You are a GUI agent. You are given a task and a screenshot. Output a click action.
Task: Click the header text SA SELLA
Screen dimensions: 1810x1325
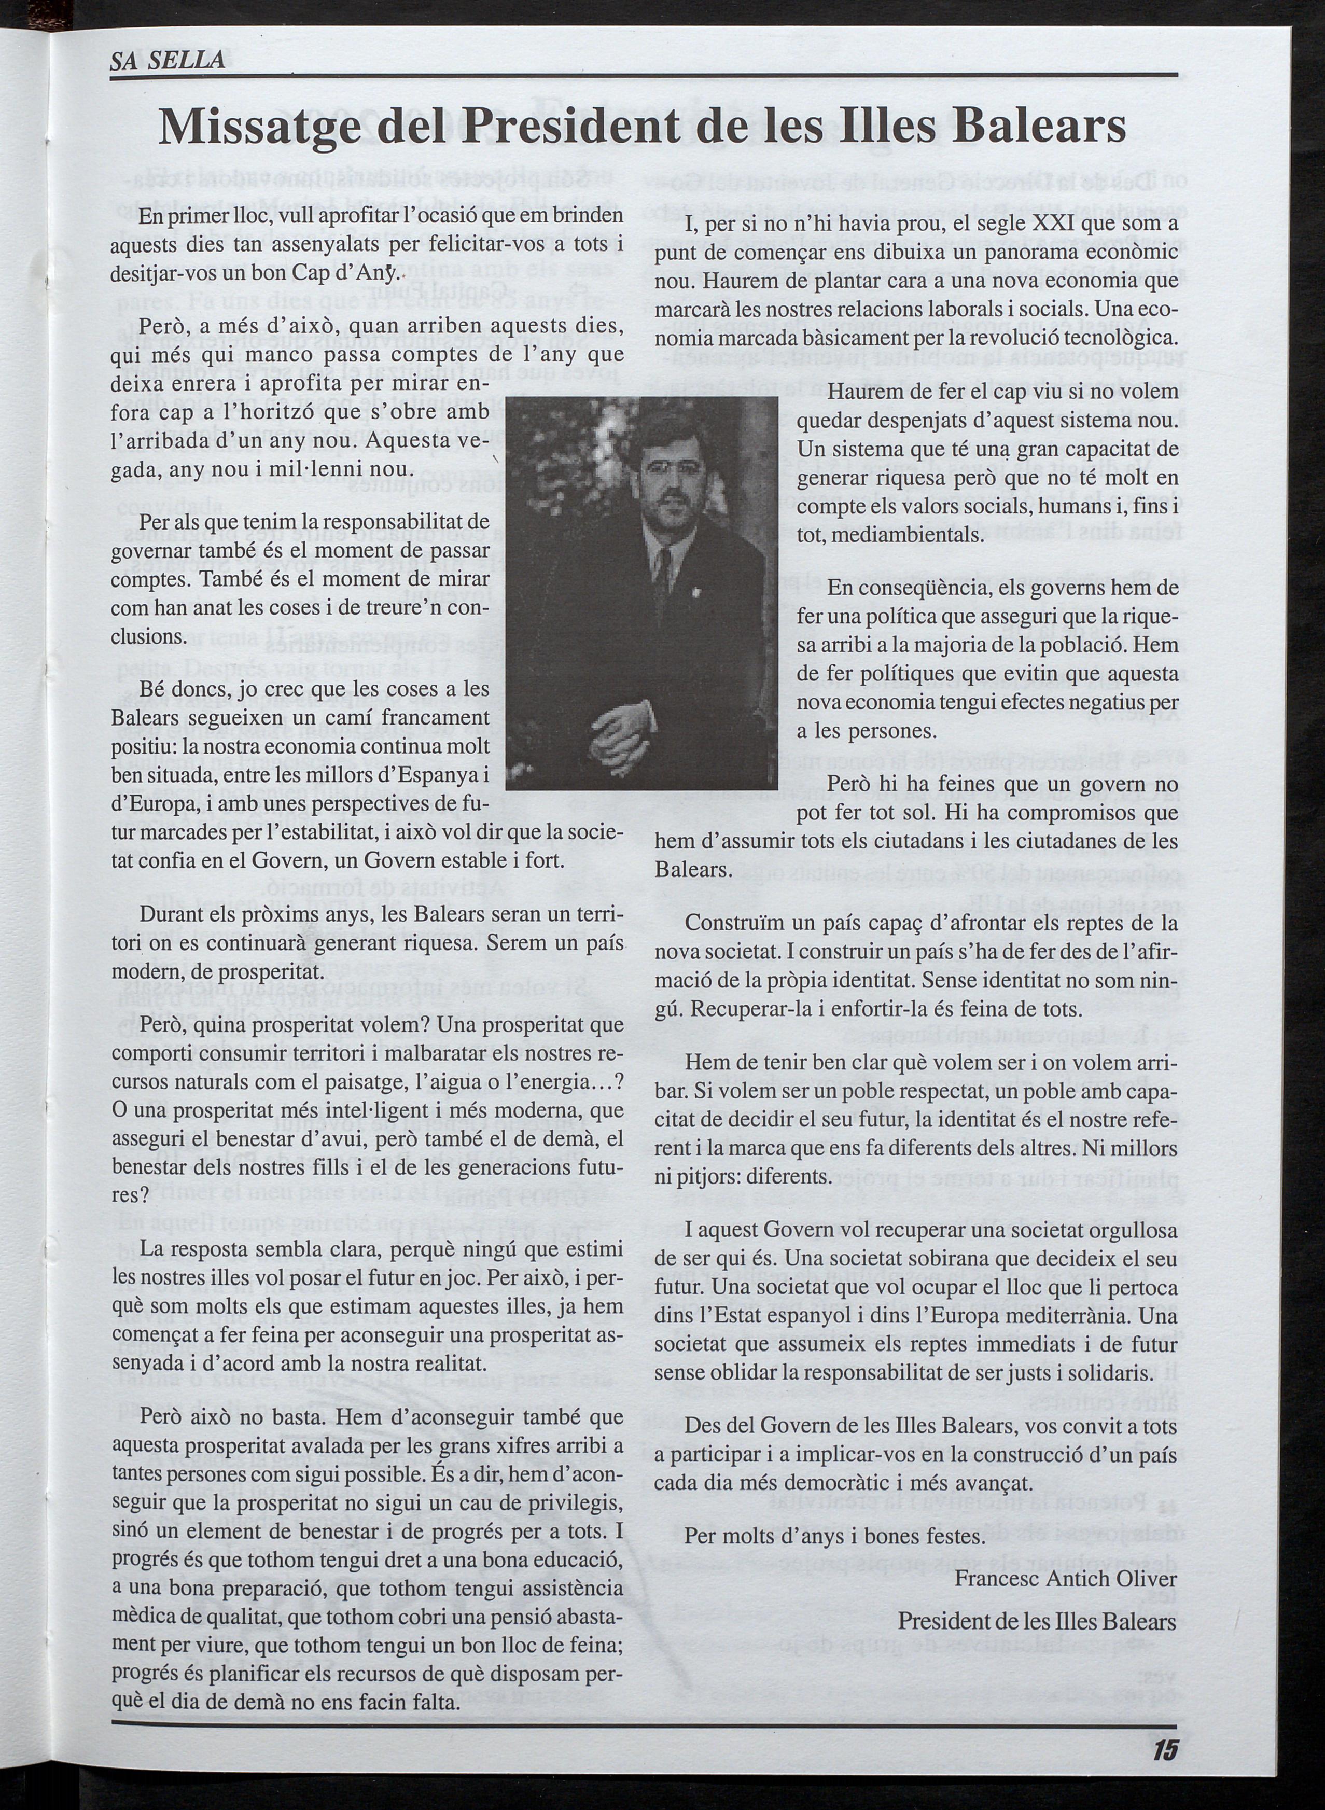pos(168,60)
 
